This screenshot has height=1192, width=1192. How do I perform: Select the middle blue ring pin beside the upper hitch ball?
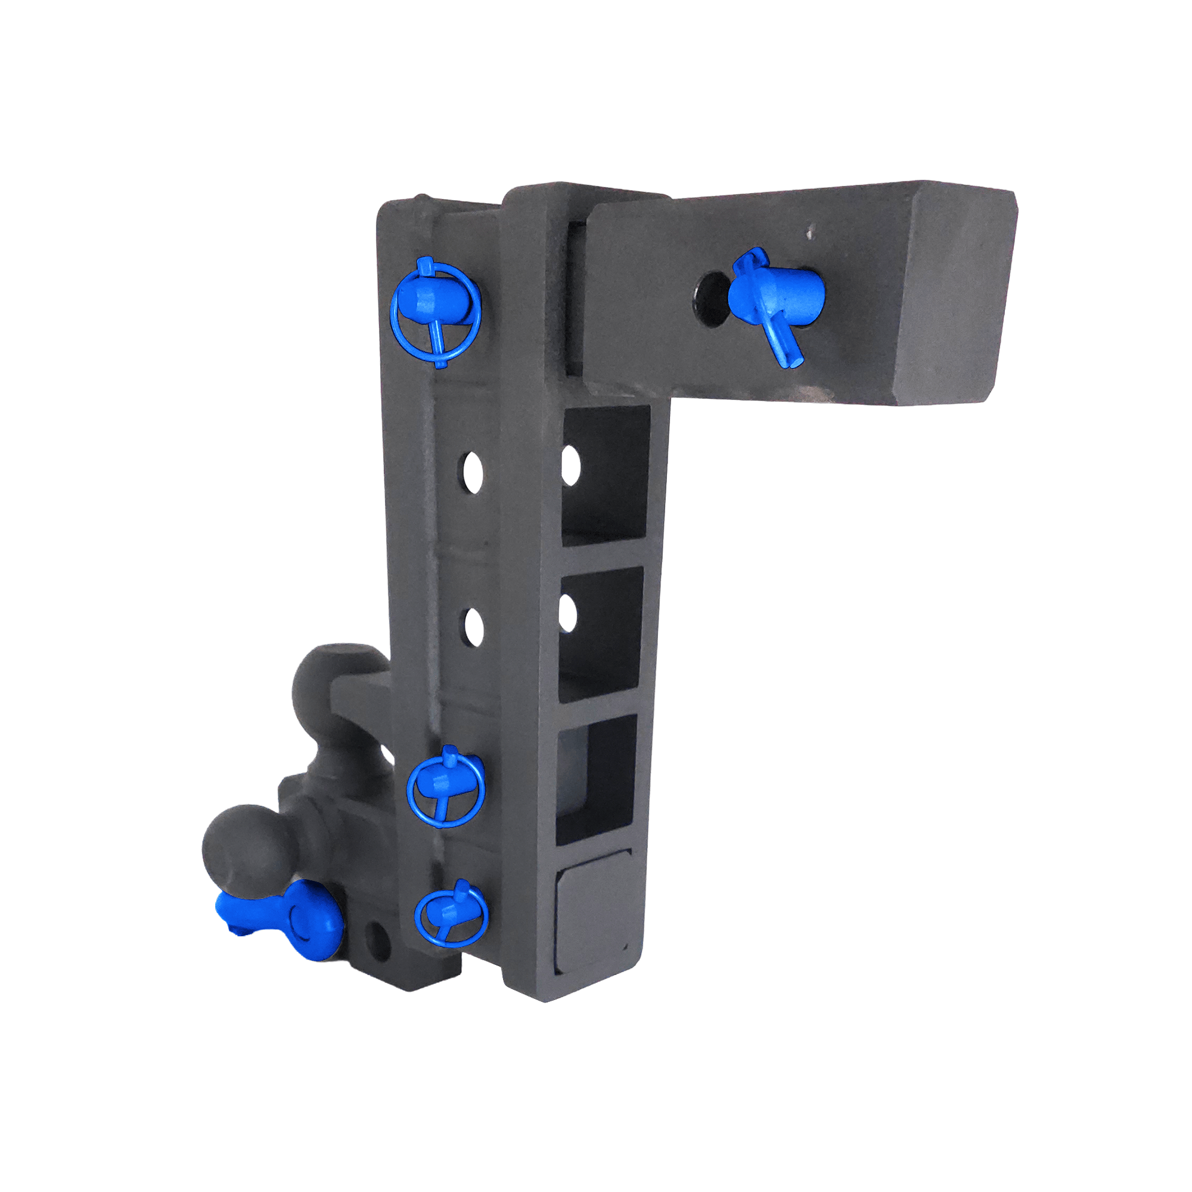click(445, 786)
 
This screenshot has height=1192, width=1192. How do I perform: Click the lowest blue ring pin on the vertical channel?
click(451, 916)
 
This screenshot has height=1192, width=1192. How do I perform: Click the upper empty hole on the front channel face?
click(473, 473)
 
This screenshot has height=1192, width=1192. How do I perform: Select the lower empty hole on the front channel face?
click(473, 627)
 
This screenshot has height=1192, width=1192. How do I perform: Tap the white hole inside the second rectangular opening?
click(568, 614)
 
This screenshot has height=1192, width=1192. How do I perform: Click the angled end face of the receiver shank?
click(953, 293)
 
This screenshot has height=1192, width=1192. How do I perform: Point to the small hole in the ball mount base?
click(378, 942)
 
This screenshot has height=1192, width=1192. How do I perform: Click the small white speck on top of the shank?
click(809, 234)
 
